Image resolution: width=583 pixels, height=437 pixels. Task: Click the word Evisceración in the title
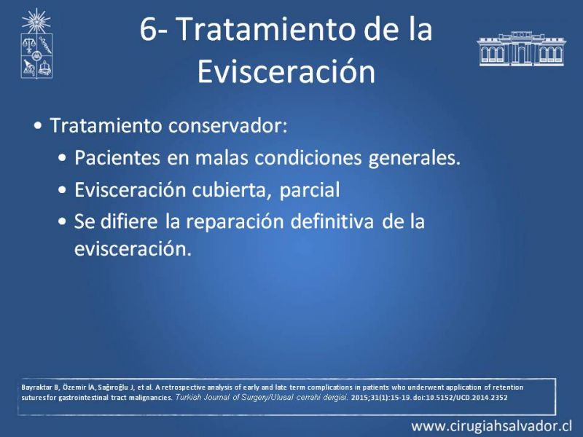click(x=286, y=71)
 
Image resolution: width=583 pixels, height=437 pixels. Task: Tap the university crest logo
click(x=36, y=44)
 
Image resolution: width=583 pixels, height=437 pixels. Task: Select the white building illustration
click(x=522, y=49)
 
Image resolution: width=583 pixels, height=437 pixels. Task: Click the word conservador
click(x=228, y=125)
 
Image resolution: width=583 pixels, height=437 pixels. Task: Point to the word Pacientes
click(x=117, y=157)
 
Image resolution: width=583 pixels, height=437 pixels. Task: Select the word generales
click(x=414, y=159)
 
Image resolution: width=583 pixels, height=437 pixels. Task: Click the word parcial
click(x=309, y=190)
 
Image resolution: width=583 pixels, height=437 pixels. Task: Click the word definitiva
click(x=332, y=221)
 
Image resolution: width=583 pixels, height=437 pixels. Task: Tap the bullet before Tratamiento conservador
click(x=38, y=126)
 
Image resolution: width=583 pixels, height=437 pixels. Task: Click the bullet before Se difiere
click(x=63, y=222)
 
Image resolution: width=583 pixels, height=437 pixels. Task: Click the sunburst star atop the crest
click(x=36, y=20)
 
